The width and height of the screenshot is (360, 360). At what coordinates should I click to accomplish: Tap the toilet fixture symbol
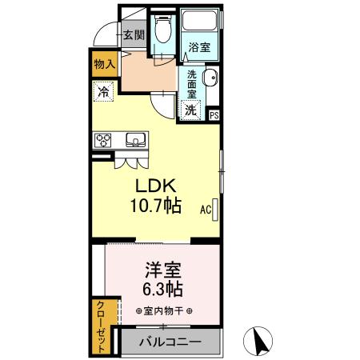click(162, 31)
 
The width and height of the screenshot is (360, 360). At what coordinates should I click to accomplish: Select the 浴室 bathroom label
click(199, 48)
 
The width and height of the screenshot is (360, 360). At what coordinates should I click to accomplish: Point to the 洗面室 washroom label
click(192, 84)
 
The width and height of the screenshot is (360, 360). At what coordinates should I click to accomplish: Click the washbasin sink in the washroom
click(210, 78)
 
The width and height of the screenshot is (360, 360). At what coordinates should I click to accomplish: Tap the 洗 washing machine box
click(191, 110)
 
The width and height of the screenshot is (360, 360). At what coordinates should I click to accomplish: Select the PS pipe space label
click(214, 114)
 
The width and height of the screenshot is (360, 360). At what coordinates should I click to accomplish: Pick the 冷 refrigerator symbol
click(103, 91)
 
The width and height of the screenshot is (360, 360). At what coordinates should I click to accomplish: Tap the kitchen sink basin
click(134, 141)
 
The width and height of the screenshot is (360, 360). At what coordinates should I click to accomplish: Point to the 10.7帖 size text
click(156, 206)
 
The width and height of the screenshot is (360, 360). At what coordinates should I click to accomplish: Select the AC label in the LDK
click(205, 210)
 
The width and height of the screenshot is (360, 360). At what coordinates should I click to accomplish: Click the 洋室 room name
click(162, 268)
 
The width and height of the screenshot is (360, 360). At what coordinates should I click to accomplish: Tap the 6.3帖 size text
click(162, 288)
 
